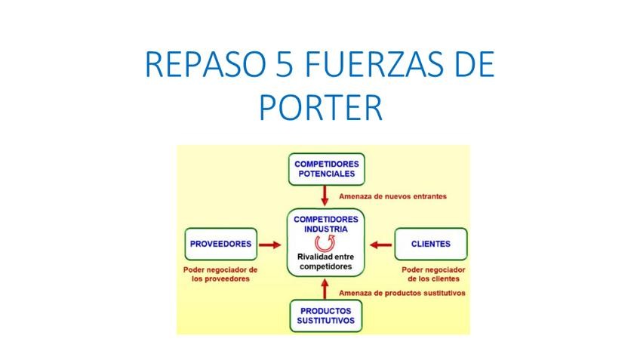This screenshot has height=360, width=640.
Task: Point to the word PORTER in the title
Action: point(321,106)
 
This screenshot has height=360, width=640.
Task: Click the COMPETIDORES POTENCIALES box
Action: point(326,168)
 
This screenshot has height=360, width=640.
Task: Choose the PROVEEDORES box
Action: point(220,244)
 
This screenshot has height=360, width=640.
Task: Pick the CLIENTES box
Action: point(431,244)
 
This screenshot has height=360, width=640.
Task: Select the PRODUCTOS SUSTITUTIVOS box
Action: point(326,315)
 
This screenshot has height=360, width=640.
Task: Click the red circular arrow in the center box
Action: point(326,242)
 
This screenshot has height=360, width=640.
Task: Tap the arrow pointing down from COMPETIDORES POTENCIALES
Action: point(326,196)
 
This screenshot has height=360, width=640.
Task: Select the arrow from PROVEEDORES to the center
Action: point(269,244)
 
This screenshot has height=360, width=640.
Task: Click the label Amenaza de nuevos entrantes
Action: point(392,196)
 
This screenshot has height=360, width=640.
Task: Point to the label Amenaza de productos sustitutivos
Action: point(402,293)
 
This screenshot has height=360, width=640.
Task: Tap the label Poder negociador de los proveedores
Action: point(220,273)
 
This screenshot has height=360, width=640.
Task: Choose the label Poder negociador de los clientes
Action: point(433,273)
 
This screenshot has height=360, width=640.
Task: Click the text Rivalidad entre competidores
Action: point(326,262)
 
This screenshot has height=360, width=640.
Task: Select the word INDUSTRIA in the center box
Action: point(326,228)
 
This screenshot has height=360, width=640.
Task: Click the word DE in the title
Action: point(472,66)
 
